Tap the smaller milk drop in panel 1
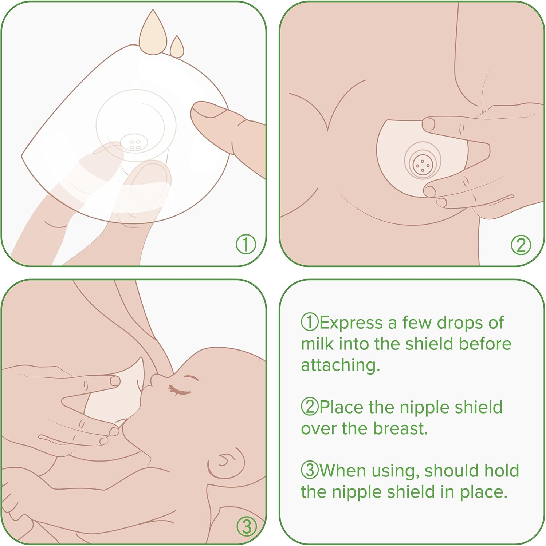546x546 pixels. (177, 47)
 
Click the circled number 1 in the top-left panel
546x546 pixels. (246, 244)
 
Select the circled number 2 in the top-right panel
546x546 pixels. (521, 245)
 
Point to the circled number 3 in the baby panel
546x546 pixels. (247, 526)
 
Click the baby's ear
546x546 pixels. (226, 462)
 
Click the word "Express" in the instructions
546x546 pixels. (350, 323)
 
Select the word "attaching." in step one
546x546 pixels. (341, 365)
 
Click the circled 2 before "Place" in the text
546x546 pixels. (310, 407)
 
